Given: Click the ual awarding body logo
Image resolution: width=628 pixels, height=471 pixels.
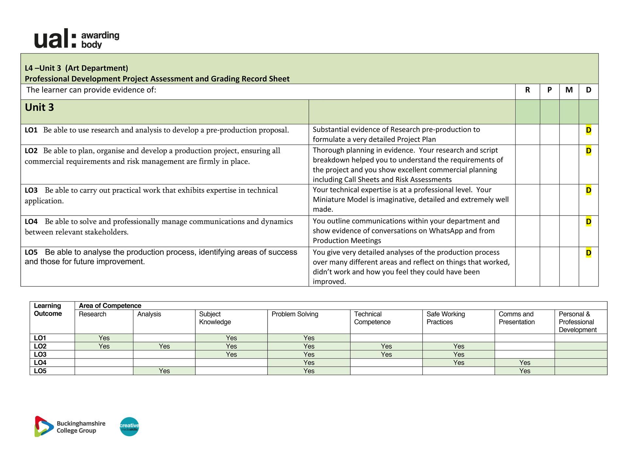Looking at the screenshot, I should [77, 39].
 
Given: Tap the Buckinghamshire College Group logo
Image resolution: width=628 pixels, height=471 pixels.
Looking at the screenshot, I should [70, 427].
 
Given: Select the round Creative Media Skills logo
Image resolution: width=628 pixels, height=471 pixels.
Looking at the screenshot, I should [129, 427].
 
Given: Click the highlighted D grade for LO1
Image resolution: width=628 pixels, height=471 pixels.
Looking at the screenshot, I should [588, 130].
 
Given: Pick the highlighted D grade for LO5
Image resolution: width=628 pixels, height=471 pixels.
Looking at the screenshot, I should [588, 253].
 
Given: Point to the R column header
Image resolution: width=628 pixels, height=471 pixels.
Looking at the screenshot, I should [527, 90].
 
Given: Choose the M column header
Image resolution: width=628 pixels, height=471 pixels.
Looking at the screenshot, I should [569, 90].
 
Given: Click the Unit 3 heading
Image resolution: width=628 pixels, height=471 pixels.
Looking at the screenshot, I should [39, 108].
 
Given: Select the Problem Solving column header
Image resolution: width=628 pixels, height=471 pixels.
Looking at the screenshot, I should [295, 314].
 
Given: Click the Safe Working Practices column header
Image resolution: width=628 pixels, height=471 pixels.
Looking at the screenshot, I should [445, 318].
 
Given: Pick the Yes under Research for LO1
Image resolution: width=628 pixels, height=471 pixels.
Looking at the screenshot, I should [104, 338].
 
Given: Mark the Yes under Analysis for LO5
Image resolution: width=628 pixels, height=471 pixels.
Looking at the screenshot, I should [164, 371].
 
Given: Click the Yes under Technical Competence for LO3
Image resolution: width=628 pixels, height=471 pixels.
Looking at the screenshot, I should [386, 355].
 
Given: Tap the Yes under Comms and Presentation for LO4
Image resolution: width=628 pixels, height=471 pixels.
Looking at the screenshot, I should [525, 363].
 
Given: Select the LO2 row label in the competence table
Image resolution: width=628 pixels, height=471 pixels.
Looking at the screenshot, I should [40, 346].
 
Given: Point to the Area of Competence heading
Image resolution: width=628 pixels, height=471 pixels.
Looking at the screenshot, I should [110, 306].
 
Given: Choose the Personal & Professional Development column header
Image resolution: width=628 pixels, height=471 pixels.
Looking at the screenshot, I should [578, 322].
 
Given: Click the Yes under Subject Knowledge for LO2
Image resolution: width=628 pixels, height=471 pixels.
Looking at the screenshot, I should [231, 346].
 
